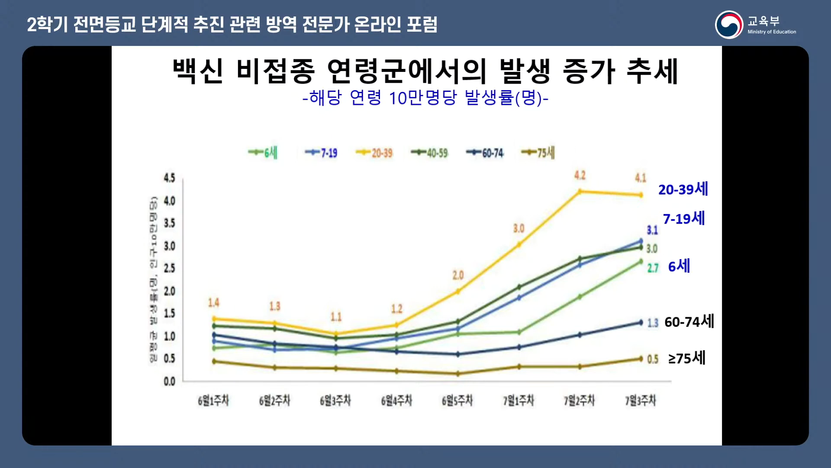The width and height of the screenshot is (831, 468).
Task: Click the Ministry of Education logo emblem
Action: click(x=729, y=25)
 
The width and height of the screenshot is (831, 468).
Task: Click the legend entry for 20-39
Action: click(x=374, y=153)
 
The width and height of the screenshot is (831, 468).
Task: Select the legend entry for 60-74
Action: click(x=485, y=153)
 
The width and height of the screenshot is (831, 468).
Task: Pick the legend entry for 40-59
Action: click(x=430, y=153)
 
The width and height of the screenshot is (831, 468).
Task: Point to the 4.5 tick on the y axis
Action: click(x=169, y=178)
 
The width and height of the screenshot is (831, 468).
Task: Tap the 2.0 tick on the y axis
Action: click(x=169, y=291)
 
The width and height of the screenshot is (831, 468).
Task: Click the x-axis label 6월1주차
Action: click(x=213, y=400)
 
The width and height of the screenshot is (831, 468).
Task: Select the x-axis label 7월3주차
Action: click(x=640, y=400)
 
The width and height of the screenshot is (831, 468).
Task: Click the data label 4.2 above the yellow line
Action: click(x=580, y=175)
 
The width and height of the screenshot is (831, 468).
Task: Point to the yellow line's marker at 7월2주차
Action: click(x=580, y=191)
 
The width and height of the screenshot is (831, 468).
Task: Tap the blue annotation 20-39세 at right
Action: click(x=683, y=189)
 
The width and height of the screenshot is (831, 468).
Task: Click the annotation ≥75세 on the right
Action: click(x=687, y=358)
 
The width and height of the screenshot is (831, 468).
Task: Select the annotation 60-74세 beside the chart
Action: click(x=689, y=322)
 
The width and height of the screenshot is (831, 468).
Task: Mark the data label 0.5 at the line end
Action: click(x=653, y=359)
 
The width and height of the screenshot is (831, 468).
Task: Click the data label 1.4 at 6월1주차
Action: click(x=214, y=302)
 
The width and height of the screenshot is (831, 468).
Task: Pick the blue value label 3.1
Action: click(x=652, y=230)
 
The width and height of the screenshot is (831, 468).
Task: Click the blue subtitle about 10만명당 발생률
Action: click(x=425, y=98)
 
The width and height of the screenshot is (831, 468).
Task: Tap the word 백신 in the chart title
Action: click(x=198, y=71)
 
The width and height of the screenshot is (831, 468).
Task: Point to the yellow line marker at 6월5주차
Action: click(x=457, y=292)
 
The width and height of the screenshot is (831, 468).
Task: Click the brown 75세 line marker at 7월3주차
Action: click(x=641, y=359)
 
